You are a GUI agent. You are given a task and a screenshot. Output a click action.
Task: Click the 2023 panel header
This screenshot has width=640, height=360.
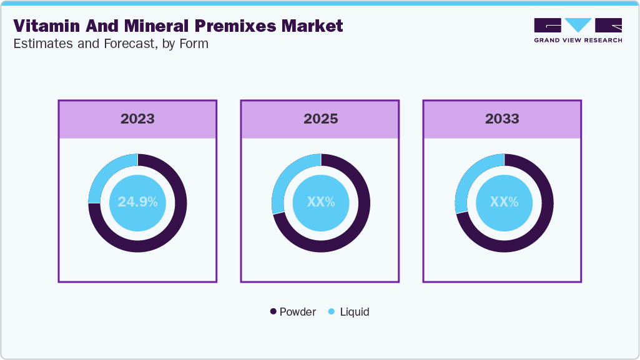[137, 119]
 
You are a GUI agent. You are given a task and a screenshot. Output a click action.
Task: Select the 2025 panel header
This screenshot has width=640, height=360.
[320, 119]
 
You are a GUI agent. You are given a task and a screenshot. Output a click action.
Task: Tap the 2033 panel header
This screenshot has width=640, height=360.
[502, 119]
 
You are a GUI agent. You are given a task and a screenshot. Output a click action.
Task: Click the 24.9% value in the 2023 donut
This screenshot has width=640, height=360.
[137, 202]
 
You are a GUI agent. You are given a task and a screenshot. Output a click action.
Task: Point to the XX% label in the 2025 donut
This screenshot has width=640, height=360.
[320, 202]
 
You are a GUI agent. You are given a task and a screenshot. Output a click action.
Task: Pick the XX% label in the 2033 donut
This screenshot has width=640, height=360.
[503, 202]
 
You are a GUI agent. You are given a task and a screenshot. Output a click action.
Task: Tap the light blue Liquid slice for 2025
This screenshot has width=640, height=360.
[285, 178]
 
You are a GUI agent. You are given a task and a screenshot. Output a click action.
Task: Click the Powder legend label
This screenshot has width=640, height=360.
[298, 311]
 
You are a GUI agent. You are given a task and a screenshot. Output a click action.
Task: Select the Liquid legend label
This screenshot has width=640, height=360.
[355, 311]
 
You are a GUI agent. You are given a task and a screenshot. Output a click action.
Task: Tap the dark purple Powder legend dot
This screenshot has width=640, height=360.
[273, 311]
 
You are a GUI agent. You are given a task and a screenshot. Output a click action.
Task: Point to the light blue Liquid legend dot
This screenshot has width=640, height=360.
[332, 311]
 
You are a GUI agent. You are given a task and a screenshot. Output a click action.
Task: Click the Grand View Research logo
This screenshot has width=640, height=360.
[578, 30]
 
